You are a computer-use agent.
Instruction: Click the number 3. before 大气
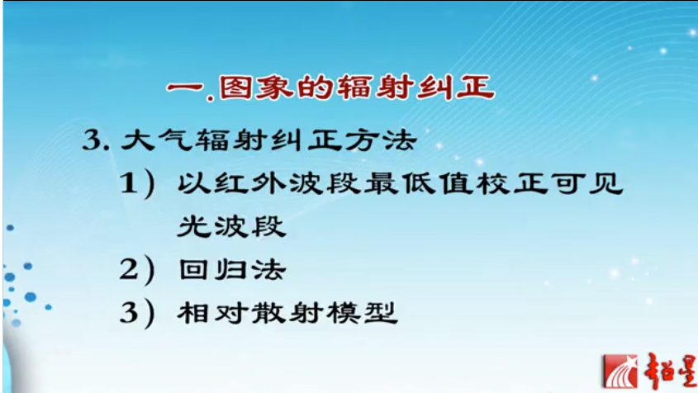(97, 139)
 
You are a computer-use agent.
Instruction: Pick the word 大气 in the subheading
(150, 139)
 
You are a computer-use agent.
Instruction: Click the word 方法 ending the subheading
(387, 139)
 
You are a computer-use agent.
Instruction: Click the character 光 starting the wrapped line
(192, 226)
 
